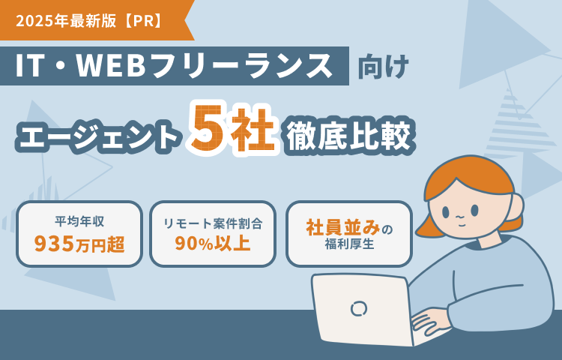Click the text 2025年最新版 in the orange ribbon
coord(66,22)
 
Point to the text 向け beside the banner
coord(383,67)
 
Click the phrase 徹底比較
coord(348,136)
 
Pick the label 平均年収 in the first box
coord(79,221)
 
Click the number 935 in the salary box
coord(54,244)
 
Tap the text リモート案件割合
coord(213,223)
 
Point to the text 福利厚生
coord(349,244)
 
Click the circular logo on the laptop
coord(358,308)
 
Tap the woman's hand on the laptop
coord(429,320)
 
